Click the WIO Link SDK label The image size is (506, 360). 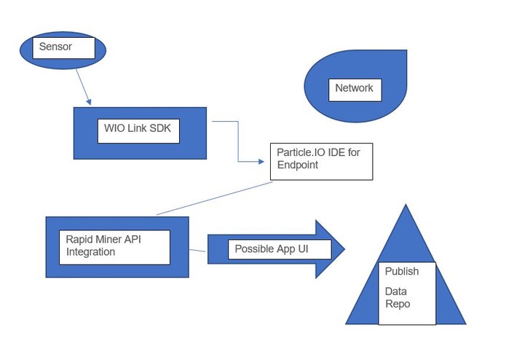point(138,130)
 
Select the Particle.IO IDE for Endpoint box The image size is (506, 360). point(321,160)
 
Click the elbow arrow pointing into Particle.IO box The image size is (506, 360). point(239,142)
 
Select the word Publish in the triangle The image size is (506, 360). point(402,272)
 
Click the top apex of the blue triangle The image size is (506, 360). point(406,208)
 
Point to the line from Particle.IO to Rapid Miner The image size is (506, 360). point(215,198)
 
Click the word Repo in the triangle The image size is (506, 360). point(398,304)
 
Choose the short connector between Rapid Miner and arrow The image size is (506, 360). point(198,251)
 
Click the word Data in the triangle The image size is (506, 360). point(396,291)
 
